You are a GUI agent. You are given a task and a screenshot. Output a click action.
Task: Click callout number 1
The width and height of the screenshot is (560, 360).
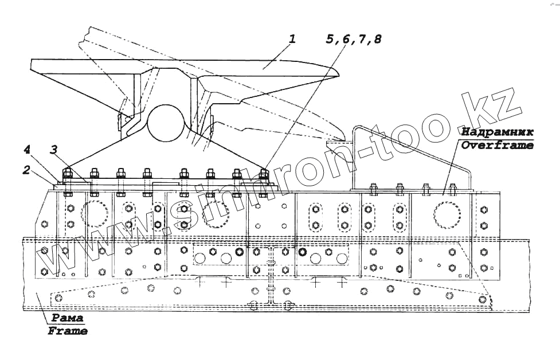pos(292,40)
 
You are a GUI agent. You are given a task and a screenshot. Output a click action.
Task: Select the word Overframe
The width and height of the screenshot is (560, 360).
pos(498,145)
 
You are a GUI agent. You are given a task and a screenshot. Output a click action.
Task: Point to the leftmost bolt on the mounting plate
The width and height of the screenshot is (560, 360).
pos(65,174)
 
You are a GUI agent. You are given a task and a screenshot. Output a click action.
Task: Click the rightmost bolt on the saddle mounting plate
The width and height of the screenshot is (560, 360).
pos(264,174)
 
